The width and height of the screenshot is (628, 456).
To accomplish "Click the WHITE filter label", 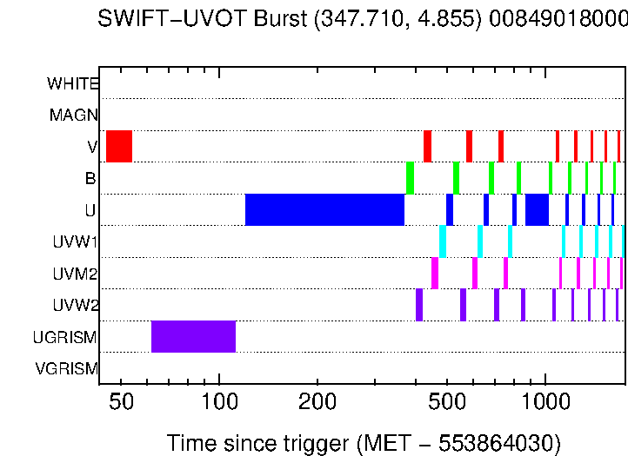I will [73, 84].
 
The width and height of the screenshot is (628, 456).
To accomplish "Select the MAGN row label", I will [74, 116].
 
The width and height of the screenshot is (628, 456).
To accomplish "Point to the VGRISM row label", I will [67, 369].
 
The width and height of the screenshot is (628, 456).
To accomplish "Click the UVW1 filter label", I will [75, 242].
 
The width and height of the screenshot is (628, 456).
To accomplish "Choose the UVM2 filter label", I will [75, 274].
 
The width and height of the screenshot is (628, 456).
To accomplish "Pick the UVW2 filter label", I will [75, 306].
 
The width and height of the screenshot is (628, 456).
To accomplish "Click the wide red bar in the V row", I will [119, 146].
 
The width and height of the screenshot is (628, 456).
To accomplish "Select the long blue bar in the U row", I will [324, 209].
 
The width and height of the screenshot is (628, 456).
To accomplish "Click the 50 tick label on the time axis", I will [121, 404].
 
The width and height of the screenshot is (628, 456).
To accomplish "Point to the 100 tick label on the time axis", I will [218, 404].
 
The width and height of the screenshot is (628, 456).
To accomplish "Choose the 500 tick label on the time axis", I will [446, 404].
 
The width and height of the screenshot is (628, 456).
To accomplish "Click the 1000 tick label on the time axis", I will [544, 404].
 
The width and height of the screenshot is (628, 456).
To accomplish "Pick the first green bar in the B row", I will [410, 178].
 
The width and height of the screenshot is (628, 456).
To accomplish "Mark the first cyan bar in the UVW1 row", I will [443, 241].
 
